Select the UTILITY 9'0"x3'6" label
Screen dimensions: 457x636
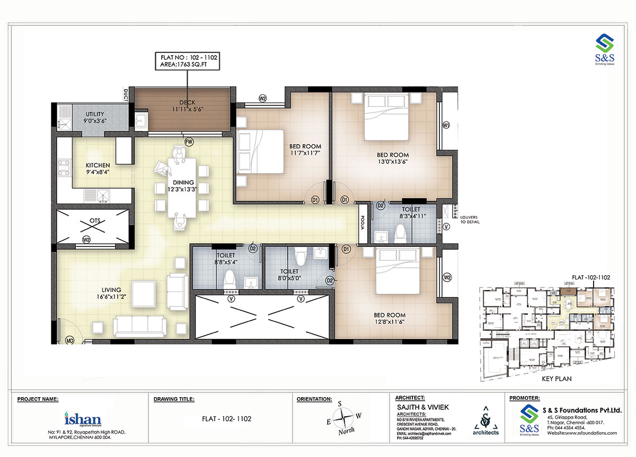pos(95,117)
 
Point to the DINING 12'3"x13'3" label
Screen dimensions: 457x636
pos(183,186)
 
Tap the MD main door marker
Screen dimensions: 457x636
pos(69,339)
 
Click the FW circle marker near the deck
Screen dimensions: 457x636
pos(188,142)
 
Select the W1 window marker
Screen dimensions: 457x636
pos(446,126)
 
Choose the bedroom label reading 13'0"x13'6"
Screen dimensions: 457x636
pos(390,159)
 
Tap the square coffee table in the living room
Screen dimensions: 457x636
pos(144,292)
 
